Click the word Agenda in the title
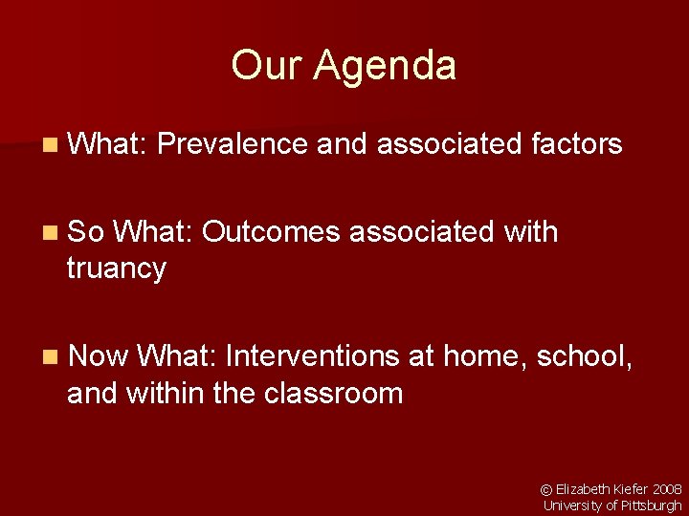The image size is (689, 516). pos(386,66)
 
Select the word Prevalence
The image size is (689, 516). pos(233,144)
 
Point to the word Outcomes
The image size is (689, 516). pos(273,231)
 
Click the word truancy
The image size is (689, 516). pos(116,269)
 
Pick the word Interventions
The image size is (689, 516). pos(312,356)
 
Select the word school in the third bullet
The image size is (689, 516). pos(582,356)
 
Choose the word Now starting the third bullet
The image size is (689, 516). pos(99,356)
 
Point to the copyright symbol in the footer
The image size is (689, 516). pos(547,489)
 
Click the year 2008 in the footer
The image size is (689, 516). pos(667,489)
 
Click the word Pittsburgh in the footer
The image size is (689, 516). pos(654,505)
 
